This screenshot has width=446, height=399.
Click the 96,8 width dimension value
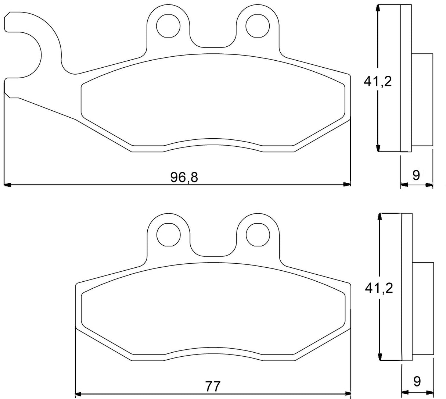click(x=184, y=177)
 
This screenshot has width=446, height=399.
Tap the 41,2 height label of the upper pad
click(x=378, y=81)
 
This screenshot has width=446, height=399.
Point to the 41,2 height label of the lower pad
click(x=379, y=288)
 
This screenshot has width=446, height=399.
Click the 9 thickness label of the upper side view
click(x=416, y=175)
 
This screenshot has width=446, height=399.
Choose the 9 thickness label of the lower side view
click(x=417, y=381)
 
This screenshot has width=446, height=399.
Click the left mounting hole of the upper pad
click(x=168, y=26)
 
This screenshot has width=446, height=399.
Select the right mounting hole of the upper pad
click(x=258, y=26)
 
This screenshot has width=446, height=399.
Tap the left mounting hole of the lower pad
click(x=169, y=234)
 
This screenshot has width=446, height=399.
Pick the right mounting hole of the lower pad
click(x=258, y=234)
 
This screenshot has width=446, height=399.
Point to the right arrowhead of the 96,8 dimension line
click(x=347, y=184)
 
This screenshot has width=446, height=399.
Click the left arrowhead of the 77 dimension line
click(x=78, y=395)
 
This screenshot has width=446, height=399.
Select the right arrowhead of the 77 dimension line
click(x=348, y=395)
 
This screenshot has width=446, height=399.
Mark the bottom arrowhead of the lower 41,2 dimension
click(x=379, y=357)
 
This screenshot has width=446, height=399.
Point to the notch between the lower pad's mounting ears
click(x=213, y=252)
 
